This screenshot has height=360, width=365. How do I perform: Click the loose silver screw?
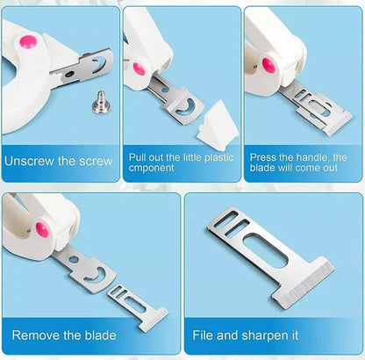point(101,102)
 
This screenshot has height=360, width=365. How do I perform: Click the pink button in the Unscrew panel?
point(28,41)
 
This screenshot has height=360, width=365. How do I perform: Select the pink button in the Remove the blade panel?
point(42,230)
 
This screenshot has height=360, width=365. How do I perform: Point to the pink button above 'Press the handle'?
point(268,65)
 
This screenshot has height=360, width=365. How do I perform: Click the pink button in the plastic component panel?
point(139,69)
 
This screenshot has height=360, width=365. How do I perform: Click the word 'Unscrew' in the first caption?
point(29,162)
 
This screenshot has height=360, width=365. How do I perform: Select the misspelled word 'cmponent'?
point(152,168)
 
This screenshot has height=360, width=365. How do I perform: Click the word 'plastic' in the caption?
point(219,157)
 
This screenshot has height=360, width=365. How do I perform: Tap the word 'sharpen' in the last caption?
point(267,335)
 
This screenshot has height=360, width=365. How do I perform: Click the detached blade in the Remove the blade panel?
point(138,308)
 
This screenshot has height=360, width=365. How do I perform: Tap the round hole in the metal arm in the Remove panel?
point(74,260)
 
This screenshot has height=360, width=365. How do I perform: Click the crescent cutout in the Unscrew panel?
point(99,65)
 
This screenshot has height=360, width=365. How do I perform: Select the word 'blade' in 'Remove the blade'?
point(100,335)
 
